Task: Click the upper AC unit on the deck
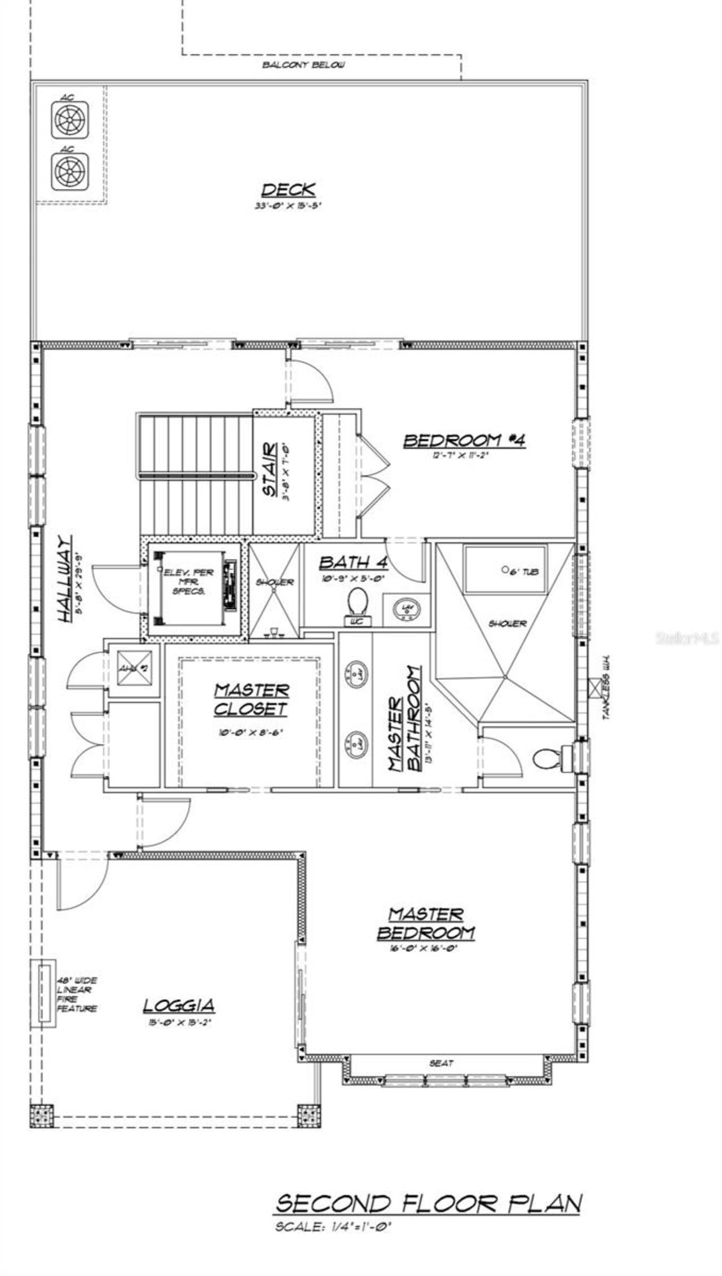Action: pos(70,120)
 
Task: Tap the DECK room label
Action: pos(288,190)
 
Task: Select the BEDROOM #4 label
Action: pos(464,440)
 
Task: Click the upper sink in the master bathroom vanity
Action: pos(356,672)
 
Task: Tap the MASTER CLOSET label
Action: pos(251,699)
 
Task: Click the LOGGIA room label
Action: pos(178,1005)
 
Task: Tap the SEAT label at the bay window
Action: pos(441,1063)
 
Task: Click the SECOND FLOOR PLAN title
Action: pos(428,1204)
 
